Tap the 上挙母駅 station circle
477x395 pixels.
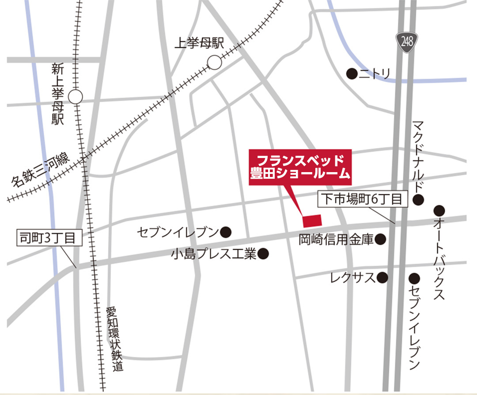(x=215, y=62)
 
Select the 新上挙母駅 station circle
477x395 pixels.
(x=76, y=97)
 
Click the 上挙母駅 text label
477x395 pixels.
(x=199, y=43)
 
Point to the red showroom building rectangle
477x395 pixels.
(x=312, y=220)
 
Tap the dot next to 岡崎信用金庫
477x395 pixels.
(x=380, y=239)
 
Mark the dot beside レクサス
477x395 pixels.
(x=382, y=278)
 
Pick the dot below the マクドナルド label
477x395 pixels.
(x=419, y=200)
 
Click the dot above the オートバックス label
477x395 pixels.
(x=439, y=210)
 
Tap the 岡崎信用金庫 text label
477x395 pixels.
(x=336, y=239)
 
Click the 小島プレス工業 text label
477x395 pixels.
(x=214, y=254)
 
